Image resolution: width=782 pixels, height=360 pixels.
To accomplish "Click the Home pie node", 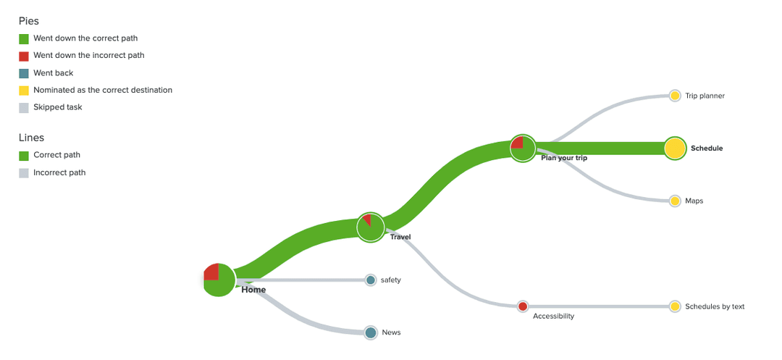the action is (219, 280).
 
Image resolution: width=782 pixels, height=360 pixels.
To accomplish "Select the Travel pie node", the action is (371, 227).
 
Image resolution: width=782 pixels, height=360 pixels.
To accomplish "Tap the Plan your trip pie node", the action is (523, 148).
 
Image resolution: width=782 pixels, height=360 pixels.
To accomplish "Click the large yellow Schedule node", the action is (675, 148).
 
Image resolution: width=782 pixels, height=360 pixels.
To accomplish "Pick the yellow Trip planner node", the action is (675, 96).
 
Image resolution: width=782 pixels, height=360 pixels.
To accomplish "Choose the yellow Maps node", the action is (675, 201).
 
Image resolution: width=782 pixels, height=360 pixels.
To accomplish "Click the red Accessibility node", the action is (523, 306).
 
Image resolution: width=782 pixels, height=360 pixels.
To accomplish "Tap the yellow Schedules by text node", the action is (675, 306).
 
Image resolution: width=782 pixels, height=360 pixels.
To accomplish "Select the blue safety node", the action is (371, 280).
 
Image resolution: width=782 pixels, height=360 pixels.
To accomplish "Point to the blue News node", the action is (371, 332).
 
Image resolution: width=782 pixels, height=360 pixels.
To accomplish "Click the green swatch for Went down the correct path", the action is (23, 38).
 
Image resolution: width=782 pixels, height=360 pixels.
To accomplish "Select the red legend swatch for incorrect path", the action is (23, 56).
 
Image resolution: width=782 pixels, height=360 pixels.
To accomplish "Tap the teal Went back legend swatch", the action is (23, 73).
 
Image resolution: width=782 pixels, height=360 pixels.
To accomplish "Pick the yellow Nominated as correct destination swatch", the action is (23, 91).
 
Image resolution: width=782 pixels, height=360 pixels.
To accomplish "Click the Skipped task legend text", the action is (58, 107).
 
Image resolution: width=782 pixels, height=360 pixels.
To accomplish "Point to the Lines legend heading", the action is (30, 138).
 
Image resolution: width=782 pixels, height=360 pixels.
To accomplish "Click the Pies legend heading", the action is (29, 21).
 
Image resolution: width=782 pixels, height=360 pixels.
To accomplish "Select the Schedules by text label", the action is (715, 306).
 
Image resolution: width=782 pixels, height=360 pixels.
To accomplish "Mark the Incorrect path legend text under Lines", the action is (59, 172).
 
